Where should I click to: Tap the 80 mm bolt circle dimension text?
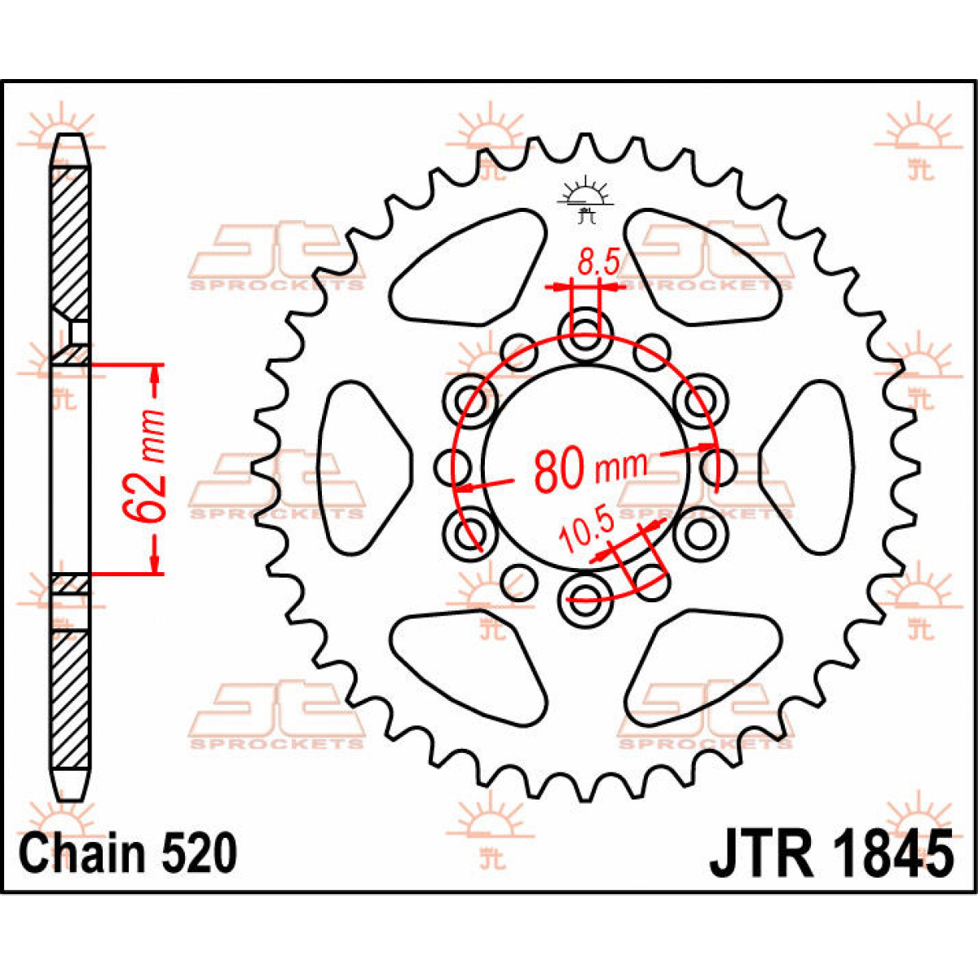point(591,469)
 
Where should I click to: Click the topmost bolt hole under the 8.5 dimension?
point(585,336)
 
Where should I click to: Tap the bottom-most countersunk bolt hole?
point(585,597)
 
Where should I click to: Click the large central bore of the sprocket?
point(586,466)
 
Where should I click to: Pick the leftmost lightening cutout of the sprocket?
point(363,467)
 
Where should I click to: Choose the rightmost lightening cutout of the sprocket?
point(808,467)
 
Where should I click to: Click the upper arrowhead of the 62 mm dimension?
point(156,375)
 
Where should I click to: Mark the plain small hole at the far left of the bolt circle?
point(452,467)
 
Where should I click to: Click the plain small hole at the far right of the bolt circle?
point(719,467)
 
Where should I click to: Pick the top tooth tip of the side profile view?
point(71,136)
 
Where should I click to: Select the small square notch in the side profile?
point(79,333)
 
